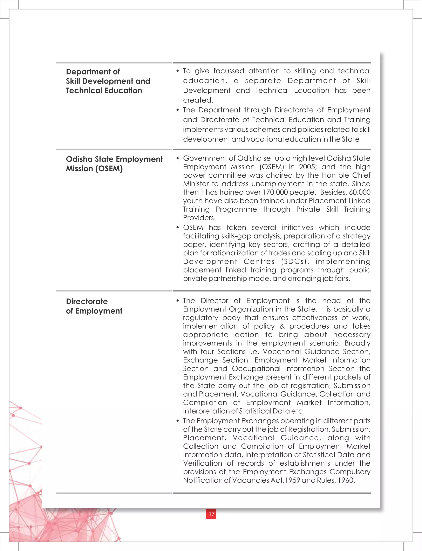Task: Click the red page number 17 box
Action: click(211, 514)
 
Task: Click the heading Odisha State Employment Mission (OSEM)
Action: click(114, 164)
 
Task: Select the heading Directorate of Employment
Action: click(94, 306)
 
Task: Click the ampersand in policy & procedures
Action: click(282, 326)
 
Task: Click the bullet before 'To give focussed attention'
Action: click(178, 71)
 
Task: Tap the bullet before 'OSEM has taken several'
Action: click(178, 228)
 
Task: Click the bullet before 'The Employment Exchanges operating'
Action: click(178, 421)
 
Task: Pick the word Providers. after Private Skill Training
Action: click(199, 218)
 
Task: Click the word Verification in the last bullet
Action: click(203, 463)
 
